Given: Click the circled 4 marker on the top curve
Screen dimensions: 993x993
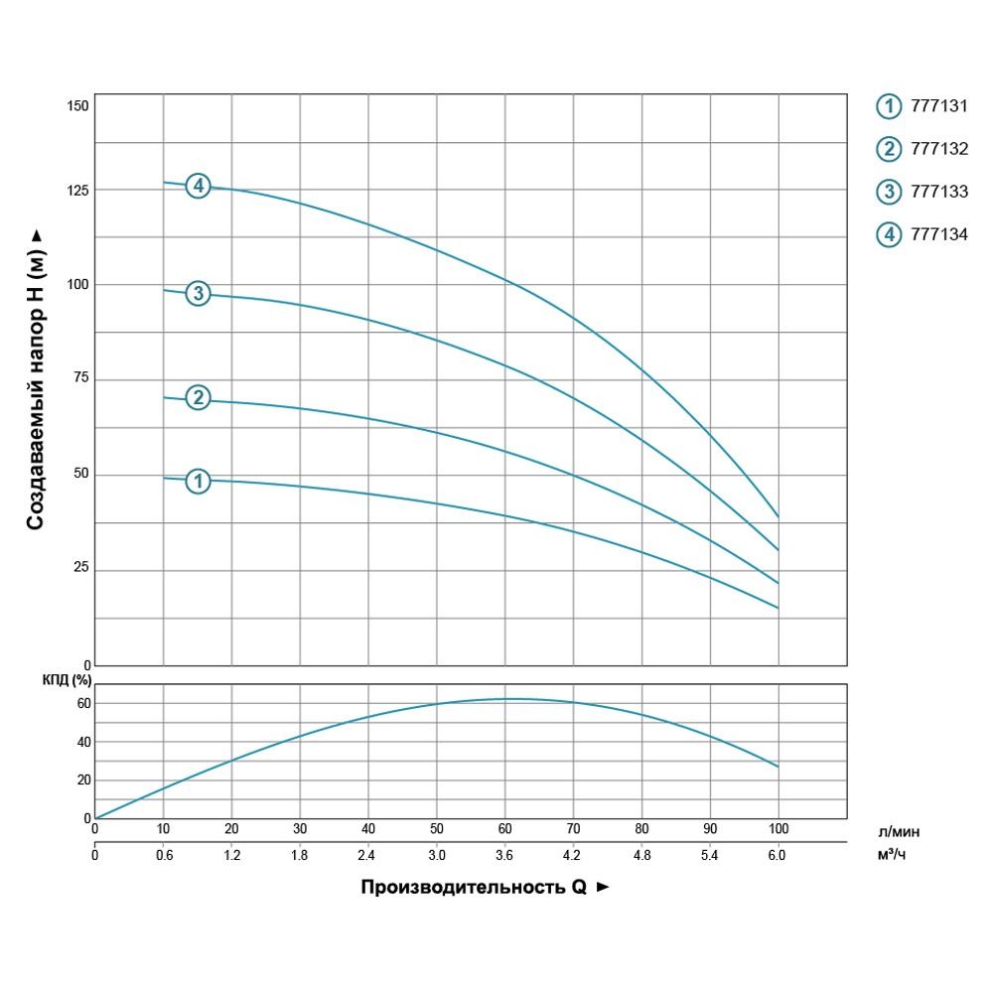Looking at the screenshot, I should (x=199, y=186).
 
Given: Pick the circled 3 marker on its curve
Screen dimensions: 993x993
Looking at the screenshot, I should (x=199, y=293).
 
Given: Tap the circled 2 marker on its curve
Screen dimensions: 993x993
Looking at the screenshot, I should (x=199, y=398).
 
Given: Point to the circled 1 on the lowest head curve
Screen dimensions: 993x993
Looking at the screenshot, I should (x=199, y=481).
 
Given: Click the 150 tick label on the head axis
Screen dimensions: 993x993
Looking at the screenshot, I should (x=77, y=106).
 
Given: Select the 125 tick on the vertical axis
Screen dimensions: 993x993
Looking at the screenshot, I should (x=77, y=190).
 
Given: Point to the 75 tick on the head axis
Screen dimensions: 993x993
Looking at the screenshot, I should (x=79, y=378).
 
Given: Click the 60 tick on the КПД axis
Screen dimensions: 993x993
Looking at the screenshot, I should (x=83, y=703).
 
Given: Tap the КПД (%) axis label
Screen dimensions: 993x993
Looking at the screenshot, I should (x=66, y=680).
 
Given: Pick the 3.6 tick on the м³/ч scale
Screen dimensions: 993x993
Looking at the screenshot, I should (x=504, y=853).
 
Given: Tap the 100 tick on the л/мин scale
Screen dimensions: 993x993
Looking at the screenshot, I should (x=779, y=828).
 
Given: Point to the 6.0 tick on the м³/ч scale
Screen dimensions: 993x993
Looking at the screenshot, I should (x=778, y=853).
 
